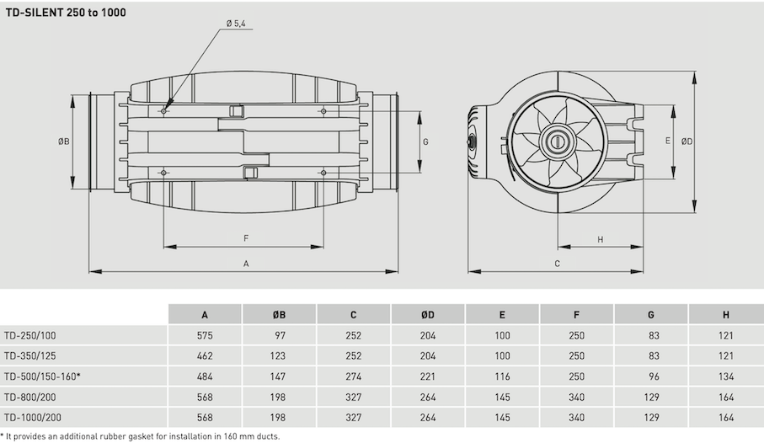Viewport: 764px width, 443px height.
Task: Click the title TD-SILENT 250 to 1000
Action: [67, 14]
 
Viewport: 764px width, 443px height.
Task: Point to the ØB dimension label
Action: [63, 141]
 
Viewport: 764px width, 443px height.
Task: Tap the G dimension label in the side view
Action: [425, 141]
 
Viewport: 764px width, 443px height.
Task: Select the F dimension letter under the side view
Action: [245, 238]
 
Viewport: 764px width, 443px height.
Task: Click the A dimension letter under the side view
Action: [246, 263]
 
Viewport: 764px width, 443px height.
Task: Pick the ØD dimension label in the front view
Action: [687, 141]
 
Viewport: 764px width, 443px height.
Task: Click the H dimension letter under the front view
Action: [600, 239]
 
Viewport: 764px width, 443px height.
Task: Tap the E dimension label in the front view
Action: [667, 141]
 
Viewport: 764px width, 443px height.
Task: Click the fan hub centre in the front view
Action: [557, 141]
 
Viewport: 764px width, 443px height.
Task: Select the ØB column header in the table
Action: [279, 315]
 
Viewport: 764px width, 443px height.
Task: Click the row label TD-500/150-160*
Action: [42, 376]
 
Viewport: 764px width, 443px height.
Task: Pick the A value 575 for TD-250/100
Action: [205, 335]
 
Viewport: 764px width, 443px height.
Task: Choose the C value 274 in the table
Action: [353, 376]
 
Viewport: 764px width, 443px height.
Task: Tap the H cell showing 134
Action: [725, 376]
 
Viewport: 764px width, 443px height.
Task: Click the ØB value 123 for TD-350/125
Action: [279, 356]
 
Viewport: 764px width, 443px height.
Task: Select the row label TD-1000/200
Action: [33, 417]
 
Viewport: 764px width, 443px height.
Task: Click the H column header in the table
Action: [725, 315]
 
